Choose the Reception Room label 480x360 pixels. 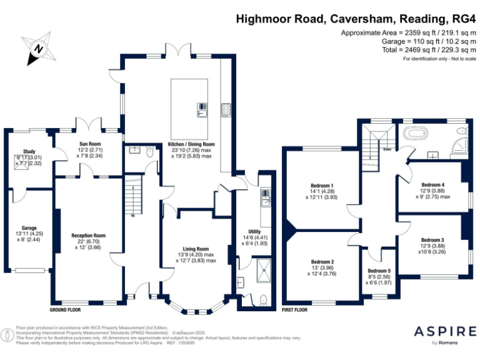[88, 236]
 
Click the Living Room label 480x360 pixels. [196, 248]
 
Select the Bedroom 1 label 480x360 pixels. [321, 185]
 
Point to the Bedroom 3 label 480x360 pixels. [432, 240]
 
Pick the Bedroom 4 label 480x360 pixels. [432, 185]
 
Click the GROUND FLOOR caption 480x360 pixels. [65, 310]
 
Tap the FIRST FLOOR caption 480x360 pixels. [297, 310]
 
